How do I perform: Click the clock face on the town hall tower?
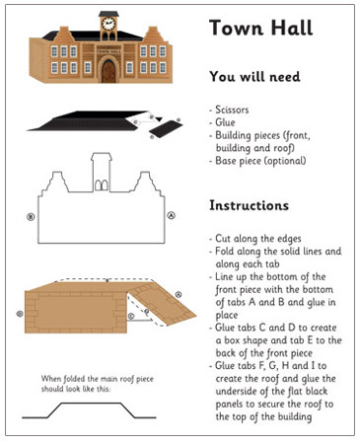pyautogui.click(x=108, y=23)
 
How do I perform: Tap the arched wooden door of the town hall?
pyautogui.click(x=108, y=70)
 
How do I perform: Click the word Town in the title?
pyautogui.click(x=236, y=28)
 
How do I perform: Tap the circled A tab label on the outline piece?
pyautogui.click(x=171, y=214)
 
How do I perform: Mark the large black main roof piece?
pyautogui.click(x=84, y=120)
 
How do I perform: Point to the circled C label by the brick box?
pyautogui.click(x=131, y=317)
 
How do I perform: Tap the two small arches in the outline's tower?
pyautogui.click(x=101, y=184)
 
